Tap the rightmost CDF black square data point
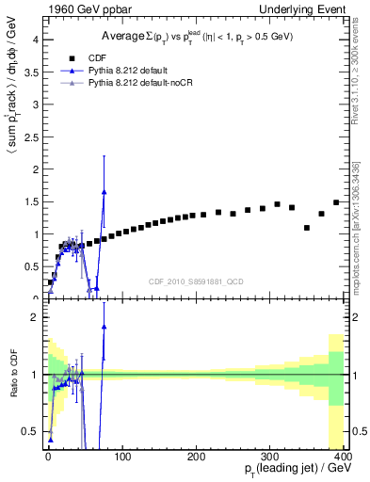pyautogui.click(x=336, y=202)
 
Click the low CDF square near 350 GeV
pyautogui.click(x=307, y=228)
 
